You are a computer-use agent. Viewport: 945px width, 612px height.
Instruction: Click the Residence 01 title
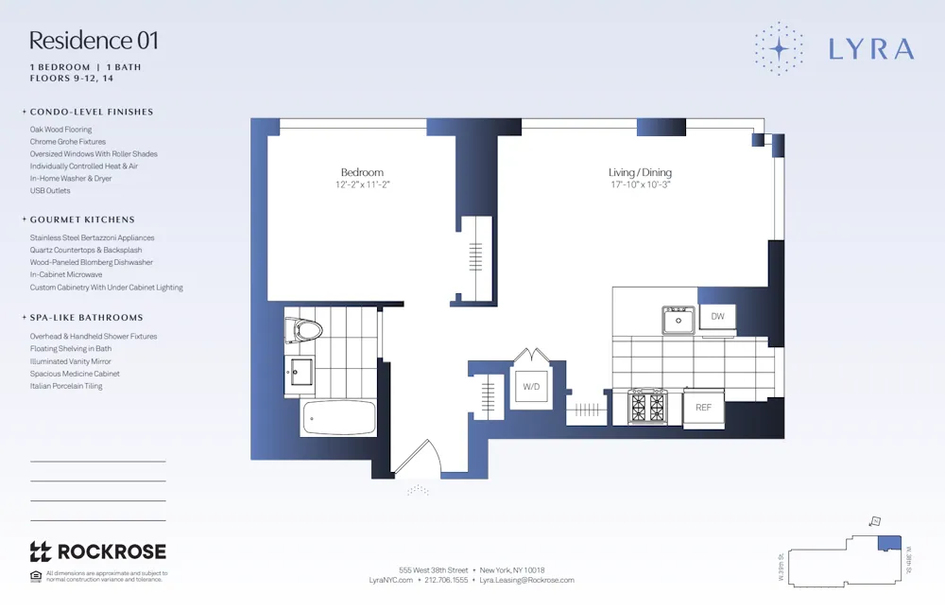(94, 41)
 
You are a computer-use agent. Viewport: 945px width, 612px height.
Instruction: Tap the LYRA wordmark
(870, 49)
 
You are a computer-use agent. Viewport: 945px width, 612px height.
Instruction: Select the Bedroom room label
(362, 172)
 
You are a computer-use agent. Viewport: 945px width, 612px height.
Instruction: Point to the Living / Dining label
(640, 172)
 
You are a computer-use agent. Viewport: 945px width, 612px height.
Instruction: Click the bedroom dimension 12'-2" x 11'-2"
(362, 185)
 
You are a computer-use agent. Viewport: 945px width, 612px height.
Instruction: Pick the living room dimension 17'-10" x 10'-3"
(640, 185)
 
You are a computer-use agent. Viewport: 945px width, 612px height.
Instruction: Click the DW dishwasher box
(717, 317)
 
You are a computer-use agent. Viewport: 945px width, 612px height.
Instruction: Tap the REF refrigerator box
(703, 407)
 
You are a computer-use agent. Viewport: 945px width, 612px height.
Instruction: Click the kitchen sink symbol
(678, 321)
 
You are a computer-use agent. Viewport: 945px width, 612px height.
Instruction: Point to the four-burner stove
(647, 407)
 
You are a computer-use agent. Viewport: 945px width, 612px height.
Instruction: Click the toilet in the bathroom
(304, 330)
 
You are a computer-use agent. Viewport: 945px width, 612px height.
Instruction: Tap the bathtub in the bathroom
(338, 417)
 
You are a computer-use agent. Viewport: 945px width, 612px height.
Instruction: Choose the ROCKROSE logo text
(112, 551)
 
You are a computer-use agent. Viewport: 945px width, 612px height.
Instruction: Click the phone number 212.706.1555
(446, 580)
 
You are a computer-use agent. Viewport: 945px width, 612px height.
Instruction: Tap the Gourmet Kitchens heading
(82, 219)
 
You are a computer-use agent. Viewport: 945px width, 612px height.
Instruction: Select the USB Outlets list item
(50, 190)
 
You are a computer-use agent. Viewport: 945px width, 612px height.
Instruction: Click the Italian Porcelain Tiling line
(66, 386)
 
